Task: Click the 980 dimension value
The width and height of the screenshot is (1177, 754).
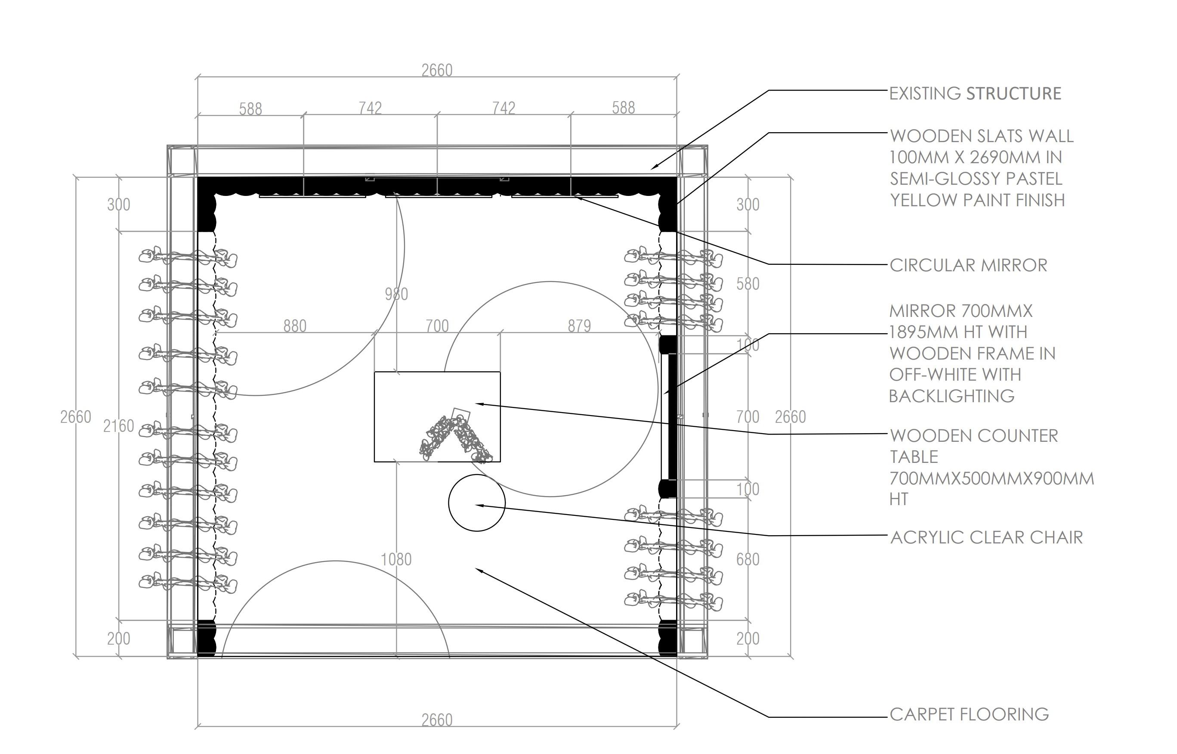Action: pyautogui.click(x=396, y=294)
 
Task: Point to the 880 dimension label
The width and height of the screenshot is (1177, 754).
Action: pyautogui.click(x=295, y=326)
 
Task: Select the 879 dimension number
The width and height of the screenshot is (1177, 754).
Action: pyautogui.click(x=579, y=326)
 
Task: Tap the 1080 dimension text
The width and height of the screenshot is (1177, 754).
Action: pyautogui.click(x=396, y=559)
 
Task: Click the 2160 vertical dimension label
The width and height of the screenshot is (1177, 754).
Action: pyautogui.click(x=118, y=426)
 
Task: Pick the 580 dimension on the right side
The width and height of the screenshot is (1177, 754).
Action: pyautogui.click(x=748, y=284)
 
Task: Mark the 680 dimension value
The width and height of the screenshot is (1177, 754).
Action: pyautogui.click(x=748, y=559)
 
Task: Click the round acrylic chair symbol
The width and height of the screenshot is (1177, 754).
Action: pyautogui.click(x=476, y=503)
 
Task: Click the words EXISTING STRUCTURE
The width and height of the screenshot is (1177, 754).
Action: pyautogui.click(x=975, y=93)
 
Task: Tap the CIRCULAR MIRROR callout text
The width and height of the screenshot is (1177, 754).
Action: pyautogui.click(x=968, y=265)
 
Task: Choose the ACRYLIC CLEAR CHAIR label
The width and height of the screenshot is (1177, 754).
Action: pyautogui.click(x=986, y=537)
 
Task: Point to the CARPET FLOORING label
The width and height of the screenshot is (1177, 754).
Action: pyautogui.click(x=969, y=714)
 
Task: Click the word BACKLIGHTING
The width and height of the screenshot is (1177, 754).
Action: pyautogui.click(x=951, y=396)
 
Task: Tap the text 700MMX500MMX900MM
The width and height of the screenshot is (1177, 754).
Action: pyautogui.click(x=992, y=478)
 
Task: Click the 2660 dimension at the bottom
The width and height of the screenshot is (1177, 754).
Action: pyautogui.click(x=437, y=720)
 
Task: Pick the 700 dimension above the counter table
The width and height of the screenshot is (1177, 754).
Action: pyautogui.click(x=437, y=326)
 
